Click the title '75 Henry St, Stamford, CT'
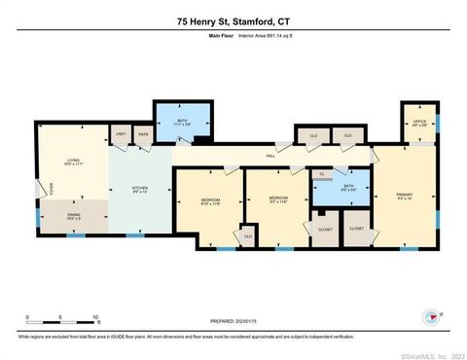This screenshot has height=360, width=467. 233,20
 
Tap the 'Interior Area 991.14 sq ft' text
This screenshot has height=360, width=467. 268,36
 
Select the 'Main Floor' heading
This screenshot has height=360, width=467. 223,36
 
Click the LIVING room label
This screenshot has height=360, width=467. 71,163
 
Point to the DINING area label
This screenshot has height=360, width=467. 74,218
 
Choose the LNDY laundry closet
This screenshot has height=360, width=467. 121,134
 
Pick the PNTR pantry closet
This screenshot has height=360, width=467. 142,134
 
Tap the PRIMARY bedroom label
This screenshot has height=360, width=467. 405,198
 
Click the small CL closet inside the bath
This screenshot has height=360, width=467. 322,173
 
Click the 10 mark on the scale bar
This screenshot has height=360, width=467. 95,318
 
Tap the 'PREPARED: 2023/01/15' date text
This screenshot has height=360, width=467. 233,321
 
